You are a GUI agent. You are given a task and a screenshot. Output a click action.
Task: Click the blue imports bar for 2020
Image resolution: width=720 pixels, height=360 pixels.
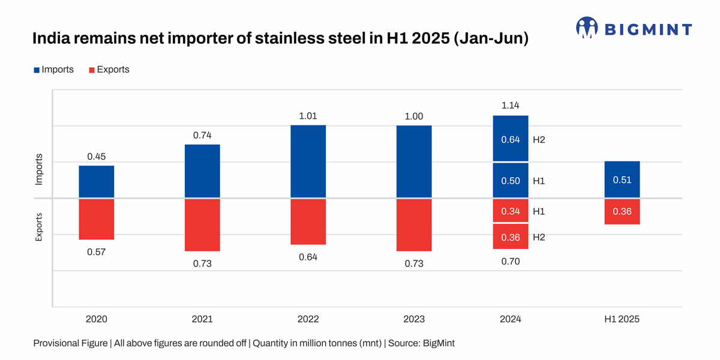coord(97,181)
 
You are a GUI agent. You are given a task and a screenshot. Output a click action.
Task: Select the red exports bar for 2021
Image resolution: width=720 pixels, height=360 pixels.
coord(202,225)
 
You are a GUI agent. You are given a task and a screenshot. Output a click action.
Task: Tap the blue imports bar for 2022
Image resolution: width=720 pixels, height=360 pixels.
coord(308,161)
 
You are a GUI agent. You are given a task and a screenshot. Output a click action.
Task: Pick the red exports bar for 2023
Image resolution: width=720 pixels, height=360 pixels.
coord(414,225)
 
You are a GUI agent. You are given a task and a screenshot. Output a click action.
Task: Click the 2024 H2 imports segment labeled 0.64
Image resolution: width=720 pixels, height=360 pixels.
coord(511,139)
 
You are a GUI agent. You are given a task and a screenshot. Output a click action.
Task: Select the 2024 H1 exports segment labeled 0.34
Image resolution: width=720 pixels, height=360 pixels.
coord(511,211)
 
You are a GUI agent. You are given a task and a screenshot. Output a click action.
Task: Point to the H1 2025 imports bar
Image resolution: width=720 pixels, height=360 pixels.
coord(622,179)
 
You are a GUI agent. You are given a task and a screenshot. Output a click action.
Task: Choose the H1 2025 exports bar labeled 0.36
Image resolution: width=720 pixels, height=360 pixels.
coord(622,212)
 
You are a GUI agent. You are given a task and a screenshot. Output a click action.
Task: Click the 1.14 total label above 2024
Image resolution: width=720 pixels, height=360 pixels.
coord(510,106)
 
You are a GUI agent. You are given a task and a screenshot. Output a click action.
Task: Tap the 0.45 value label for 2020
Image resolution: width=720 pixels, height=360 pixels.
coord(97,157)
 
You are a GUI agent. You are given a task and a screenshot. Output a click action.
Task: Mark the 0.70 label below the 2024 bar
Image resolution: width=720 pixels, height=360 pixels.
coord(510,262)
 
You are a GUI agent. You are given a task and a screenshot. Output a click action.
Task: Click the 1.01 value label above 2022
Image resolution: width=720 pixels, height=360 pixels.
coord(308,115)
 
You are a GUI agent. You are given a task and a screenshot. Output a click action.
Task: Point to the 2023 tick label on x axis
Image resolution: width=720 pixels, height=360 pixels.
coord(414,319)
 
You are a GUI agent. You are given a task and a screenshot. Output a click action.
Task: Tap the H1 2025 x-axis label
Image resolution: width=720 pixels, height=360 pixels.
coord(622,319)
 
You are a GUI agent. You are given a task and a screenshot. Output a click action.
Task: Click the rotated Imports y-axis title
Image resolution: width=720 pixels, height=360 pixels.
coord(39,169)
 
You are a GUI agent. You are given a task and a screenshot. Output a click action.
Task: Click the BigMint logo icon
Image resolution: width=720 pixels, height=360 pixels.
coord(587,28)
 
